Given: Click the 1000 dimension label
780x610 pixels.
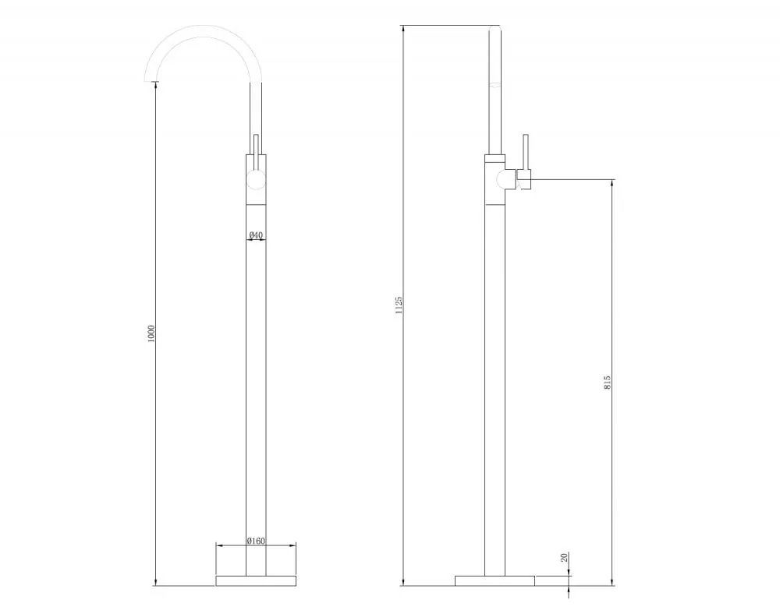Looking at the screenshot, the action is click(152, 333).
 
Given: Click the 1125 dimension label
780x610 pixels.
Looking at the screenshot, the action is click(399, 305).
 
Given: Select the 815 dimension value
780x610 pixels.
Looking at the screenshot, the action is click(607, 382).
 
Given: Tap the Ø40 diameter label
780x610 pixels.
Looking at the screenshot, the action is click(256, 234).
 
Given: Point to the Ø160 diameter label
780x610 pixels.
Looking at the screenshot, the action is click(256, 541).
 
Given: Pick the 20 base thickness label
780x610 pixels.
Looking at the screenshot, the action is click(564, 557).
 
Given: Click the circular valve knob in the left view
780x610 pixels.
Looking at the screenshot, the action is click(256, 179).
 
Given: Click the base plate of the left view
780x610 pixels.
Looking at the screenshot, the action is click(256, 580).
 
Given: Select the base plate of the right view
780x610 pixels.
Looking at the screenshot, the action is click(495, 580).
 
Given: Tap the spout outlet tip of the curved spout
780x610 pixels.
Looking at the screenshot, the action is click(151, 79).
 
